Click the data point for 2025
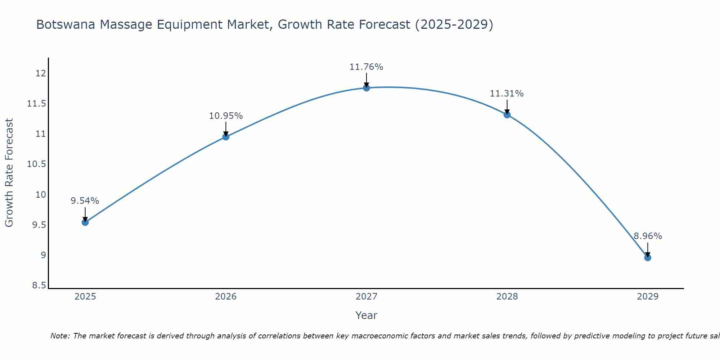click(85, 222)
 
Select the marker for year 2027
click(366, 88)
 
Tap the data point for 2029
click(648, 257)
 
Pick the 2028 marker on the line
click(507, 115)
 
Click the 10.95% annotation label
click(226, 116)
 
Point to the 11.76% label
click(366, 67)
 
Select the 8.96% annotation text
click(648, 236)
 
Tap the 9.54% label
click(85, 201)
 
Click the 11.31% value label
click(507, 94)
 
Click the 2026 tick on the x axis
click(226, 297)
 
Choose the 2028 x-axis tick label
click(507, 297)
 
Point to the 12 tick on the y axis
click(41, 73)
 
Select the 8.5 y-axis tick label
click(39, 285)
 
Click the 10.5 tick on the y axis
click(37, 164)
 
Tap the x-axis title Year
click(366, 315)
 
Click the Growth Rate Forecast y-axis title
click(9, 172)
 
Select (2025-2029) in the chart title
click(454, 24)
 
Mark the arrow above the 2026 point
click(226, 129)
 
